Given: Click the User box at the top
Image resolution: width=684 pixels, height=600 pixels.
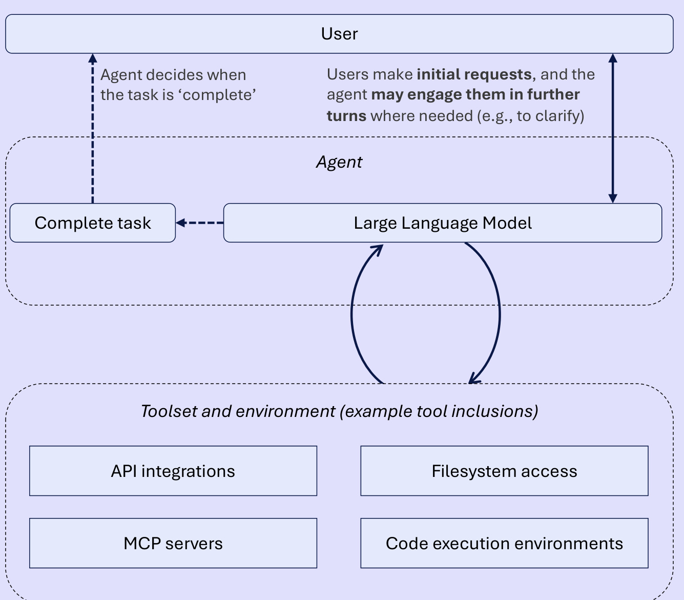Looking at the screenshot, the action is (x=339, y=34).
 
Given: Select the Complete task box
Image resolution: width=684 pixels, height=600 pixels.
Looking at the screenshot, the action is (x=93, y=223).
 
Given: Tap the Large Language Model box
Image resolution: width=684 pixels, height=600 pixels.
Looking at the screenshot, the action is (x=443, y=223).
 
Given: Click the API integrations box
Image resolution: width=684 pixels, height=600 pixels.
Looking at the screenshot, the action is (x=173, y=471).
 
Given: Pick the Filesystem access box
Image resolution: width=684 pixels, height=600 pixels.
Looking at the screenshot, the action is (x=504, y=471).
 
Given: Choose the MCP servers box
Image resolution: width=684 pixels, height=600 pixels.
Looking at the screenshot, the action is (x=173, y=543).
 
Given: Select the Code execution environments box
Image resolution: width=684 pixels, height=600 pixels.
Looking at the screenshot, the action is (x=504, y=543).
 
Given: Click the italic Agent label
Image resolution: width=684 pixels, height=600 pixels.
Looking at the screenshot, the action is (x=339, y=162).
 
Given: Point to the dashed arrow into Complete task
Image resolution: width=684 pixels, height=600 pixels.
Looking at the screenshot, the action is (x=199, y=223).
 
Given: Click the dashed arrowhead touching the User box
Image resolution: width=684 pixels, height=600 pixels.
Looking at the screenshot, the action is (x=93, y=58).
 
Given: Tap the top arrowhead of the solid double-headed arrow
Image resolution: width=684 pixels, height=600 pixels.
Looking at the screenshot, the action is (x=613, y=58).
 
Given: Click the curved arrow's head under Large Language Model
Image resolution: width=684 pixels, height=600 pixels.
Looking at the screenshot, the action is (x=378, y=250).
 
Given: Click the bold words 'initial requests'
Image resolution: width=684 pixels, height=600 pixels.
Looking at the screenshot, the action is (x=474, y=74).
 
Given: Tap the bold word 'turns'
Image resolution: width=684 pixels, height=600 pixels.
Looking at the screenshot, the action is (x=347, y=116).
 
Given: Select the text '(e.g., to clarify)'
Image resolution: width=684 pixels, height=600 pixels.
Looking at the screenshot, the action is (x=530, y=116).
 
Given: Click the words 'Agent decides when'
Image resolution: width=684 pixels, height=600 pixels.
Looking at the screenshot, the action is (x=173, y=75).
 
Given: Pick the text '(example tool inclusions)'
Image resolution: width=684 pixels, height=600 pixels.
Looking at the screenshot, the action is (x=439, y=412).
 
